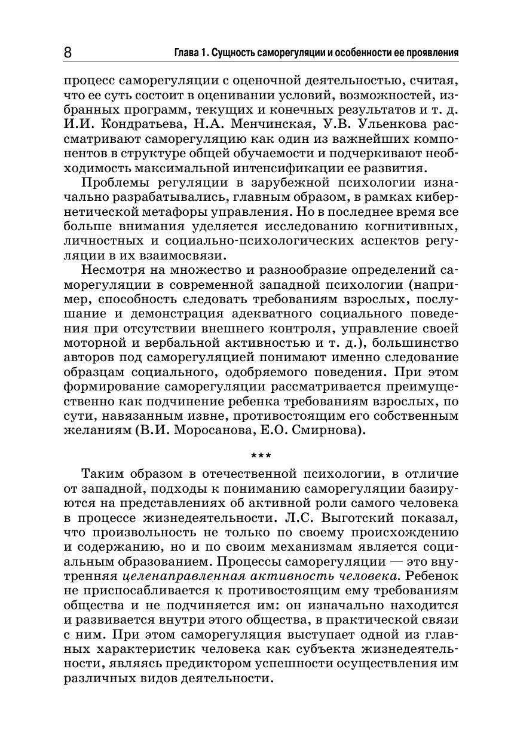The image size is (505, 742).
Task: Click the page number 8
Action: point(68,53)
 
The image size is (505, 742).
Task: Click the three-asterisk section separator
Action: point(261,458)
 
